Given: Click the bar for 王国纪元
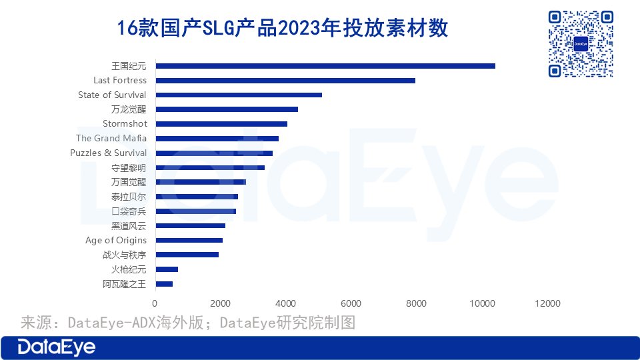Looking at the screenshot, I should [325, 66].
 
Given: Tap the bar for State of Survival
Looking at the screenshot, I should [239, 95].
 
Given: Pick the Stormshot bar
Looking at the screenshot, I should [221, 124].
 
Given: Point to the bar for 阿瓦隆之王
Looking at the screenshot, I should [164, 284].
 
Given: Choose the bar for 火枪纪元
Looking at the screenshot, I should [167, 269].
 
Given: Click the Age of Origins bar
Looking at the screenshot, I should [189, 240].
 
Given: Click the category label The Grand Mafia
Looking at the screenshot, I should [111, 138].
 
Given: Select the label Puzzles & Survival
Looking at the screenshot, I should [108, 153].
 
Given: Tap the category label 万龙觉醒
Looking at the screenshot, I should [129, 109].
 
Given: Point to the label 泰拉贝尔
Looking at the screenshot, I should [129, 197].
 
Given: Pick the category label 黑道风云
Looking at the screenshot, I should [129, 226].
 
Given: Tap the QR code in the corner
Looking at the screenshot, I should [581, 44].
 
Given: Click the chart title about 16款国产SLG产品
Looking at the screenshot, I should [283, 29].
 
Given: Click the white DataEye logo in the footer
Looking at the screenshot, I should [57, 347].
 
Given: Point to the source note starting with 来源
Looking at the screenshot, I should [188, 323].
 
